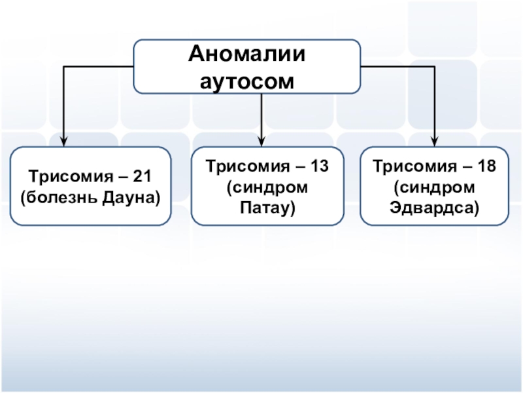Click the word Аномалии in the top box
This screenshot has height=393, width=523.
point(247,54)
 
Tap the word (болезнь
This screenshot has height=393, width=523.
point(57,196)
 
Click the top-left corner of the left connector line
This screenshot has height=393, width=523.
point(63,66)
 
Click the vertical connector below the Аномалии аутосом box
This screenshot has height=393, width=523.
point(261,115)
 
